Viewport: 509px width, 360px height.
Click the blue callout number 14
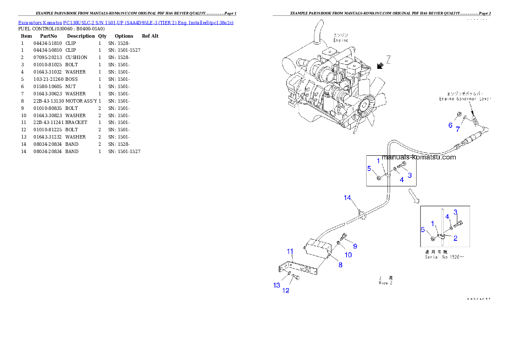point(347,198)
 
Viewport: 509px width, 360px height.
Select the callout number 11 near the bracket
point(290,251)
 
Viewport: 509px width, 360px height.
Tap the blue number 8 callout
point(340,265)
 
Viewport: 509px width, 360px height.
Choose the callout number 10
point(348,255)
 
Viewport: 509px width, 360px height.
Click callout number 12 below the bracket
point(286,291)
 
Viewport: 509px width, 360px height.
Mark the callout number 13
point(277,285)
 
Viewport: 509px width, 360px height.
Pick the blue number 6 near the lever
point(450,125)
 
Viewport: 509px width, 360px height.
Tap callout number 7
point(458,129)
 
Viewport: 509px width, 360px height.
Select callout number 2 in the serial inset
point(456,238)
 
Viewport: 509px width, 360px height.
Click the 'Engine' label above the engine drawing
point(341,38)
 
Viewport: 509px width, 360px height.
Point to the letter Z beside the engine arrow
point(388,60)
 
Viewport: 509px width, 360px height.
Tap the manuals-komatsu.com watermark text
point(419,157)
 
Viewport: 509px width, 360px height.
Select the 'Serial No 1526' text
point(444,257)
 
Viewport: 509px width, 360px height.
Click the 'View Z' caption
point(383,283)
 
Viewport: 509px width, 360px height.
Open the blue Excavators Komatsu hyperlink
point(126,22)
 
